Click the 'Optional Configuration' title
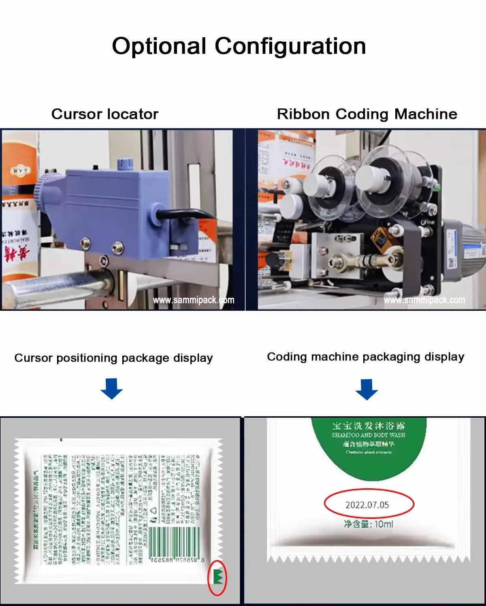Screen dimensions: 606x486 (x=239, y=46)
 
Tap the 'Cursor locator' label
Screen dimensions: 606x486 (x=104, y=114)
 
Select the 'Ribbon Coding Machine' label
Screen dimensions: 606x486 (x=367, y=114)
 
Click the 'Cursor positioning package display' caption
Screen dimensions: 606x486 (x=113, y=358)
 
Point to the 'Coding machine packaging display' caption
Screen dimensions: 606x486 (x=365, y=357)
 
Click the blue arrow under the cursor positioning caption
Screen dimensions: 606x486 (x=111, y=388)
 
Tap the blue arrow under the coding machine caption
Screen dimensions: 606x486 (x=367, y=389)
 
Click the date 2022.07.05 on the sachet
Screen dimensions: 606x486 (x=367, y=504)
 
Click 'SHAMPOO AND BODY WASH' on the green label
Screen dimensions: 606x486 (x=368, y=435)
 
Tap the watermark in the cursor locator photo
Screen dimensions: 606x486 (x=193, y=300)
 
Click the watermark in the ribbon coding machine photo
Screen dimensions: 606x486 (x=424, y=300)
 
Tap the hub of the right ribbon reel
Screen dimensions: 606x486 (x=379, y=178)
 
